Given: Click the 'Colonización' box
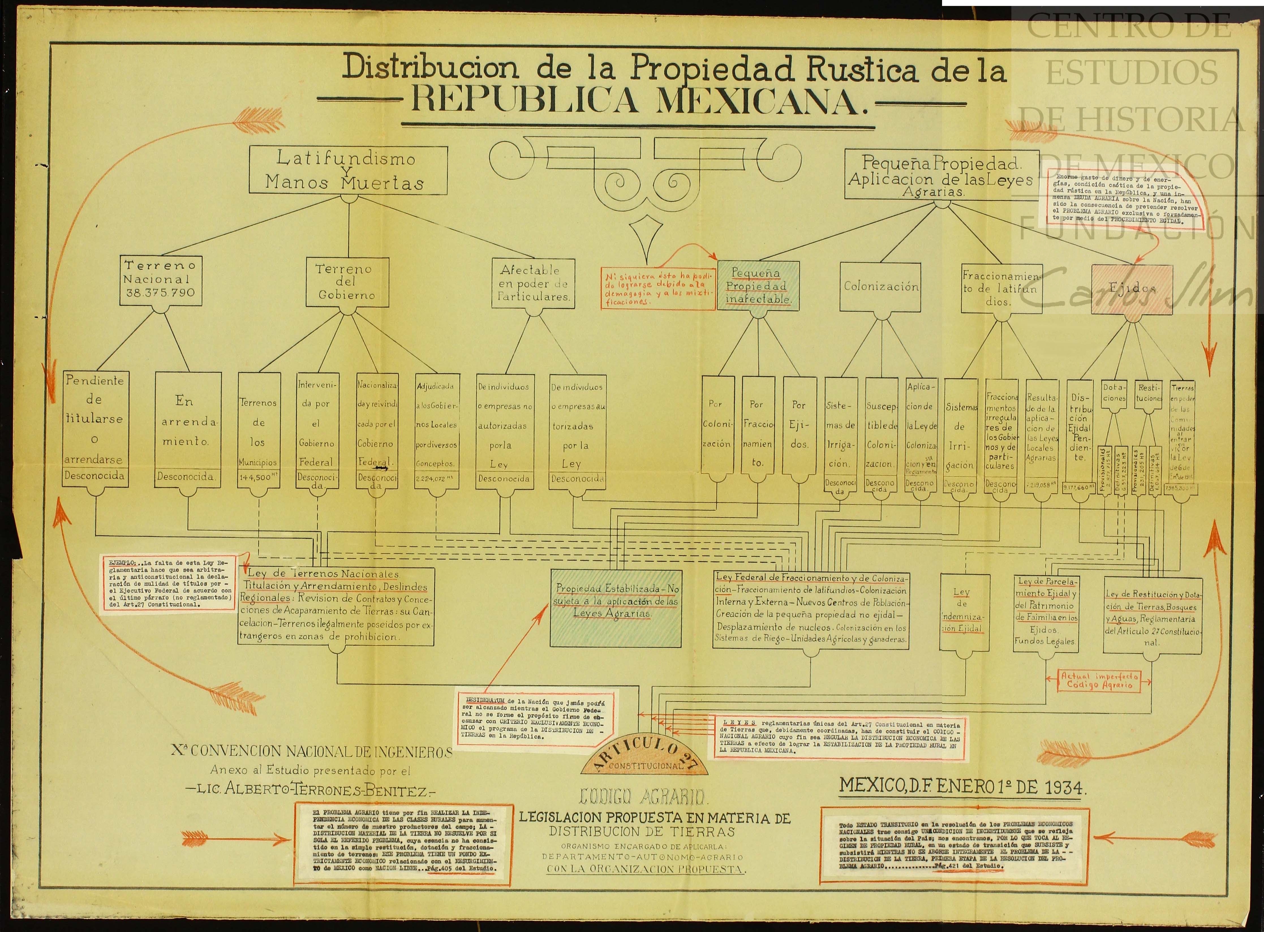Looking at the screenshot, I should click(x=881, y=287).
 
